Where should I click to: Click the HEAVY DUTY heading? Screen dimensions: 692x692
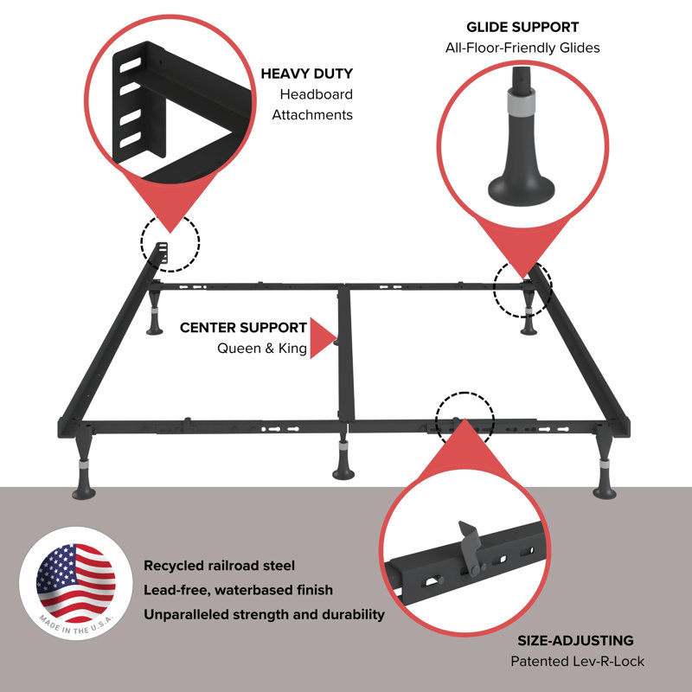pyautogui.click(x=306, y=74)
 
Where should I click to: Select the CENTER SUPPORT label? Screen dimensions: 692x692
pyautogui.click(x=243, y=328)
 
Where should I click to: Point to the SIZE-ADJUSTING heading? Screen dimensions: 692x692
pyautogui.click(x=575, y=641)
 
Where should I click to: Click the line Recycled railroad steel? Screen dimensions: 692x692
pyautogui.click(x=219, y=566)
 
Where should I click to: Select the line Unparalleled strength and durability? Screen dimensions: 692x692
pyautogui.click(x=264, y=614)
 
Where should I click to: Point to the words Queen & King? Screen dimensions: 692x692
pyautogui.click(x=261, y=349)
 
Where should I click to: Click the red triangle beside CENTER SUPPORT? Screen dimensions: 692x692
pyautogui.click(x=322, y=337)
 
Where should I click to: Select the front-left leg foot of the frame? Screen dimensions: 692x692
pyautogui.click(x=84, y=493)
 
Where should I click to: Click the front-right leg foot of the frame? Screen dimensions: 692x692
pyautogui.click(x=605, y=491)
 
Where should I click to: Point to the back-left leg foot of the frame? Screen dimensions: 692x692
pyautogui.click(x=156, y=329)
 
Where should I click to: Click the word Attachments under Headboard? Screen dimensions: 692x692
pyautogui.click(x=312, y=114)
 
